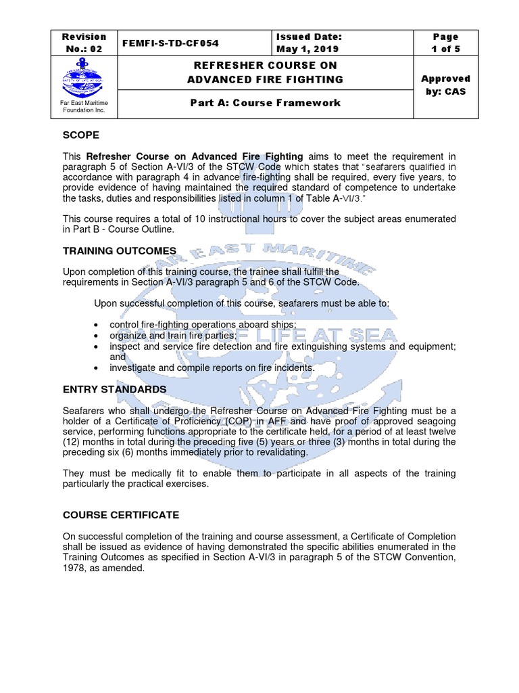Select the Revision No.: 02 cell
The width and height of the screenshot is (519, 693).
coord(84,43)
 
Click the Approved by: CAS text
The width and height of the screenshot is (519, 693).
coord(445,85)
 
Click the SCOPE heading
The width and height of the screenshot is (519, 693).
coord(81,135)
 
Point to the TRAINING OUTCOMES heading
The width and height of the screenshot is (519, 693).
coord(120,251)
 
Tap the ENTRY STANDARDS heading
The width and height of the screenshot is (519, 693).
coord(114,389)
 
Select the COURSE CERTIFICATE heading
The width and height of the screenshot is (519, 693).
coord(121,515)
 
